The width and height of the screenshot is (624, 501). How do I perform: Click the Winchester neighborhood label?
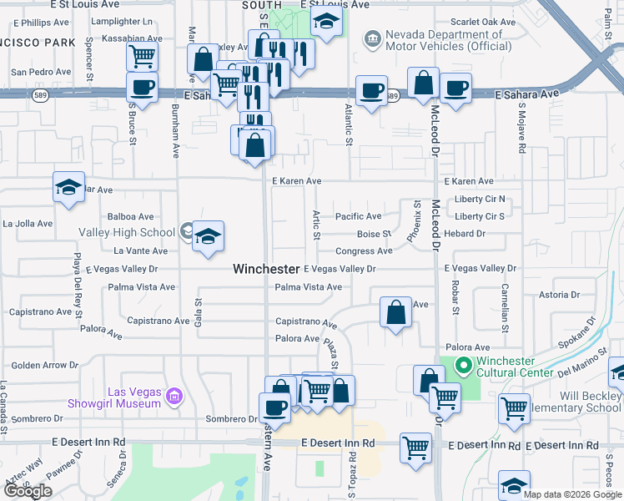(265, 269)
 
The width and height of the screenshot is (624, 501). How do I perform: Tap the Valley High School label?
(127, 232)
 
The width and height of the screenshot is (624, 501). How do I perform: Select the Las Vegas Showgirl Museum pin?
(174, 394)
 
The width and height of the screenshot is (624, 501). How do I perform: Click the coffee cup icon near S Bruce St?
(142, 88)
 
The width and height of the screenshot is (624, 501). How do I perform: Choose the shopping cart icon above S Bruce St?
(142, 57)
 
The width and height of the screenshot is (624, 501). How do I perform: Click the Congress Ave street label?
(364, 251)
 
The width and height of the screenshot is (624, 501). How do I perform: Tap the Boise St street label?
(374, 234)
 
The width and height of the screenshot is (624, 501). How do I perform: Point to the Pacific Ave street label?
(358, 216)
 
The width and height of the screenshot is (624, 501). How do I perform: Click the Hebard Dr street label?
(465, 234)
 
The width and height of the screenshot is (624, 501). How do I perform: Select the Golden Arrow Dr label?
(44, 365)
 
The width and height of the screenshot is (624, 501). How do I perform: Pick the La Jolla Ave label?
(29, 224)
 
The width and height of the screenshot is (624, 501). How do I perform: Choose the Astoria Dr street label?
(559, 295)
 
